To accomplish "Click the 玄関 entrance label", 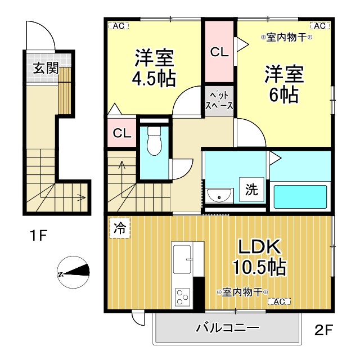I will tap(46, 68).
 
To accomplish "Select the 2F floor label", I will tap(323, 330).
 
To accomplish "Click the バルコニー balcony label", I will tap(227, 328).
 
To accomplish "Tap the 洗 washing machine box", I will tap(251, 190).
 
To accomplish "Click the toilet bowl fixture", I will tap(153, 141).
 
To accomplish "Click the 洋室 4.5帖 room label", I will tap(154, 67).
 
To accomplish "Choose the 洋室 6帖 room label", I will tap(284, 84).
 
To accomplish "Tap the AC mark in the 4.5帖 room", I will tap(117, 25).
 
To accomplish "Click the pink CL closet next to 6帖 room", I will tap(219, 52).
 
